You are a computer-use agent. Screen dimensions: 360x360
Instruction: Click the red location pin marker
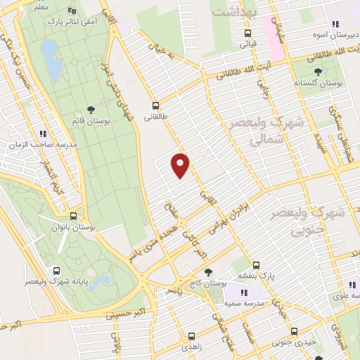coord(181,164)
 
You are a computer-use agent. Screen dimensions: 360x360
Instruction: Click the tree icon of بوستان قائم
coord(91,108)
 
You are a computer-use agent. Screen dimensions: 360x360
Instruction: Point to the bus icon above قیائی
coord(247,32)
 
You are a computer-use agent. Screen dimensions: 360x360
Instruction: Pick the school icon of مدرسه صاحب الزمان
coord(43,134)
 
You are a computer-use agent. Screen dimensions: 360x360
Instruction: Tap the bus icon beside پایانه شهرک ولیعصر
coord(56,270)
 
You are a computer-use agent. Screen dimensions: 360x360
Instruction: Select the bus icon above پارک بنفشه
coord(256,265)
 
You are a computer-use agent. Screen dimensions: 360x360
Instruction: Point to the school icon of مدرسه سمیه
coord(244,292)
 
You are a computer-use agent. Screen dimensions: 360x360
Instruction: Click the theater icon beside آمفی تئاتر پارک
coord(71,11)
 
